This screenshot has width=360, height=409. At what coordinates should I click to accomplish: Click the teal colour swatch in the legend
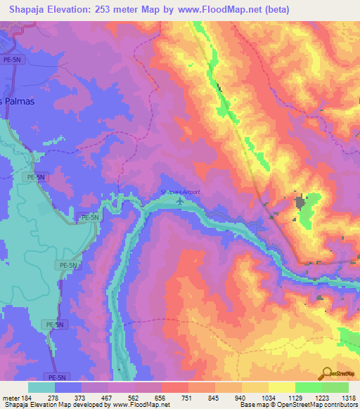pos(41,387)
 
